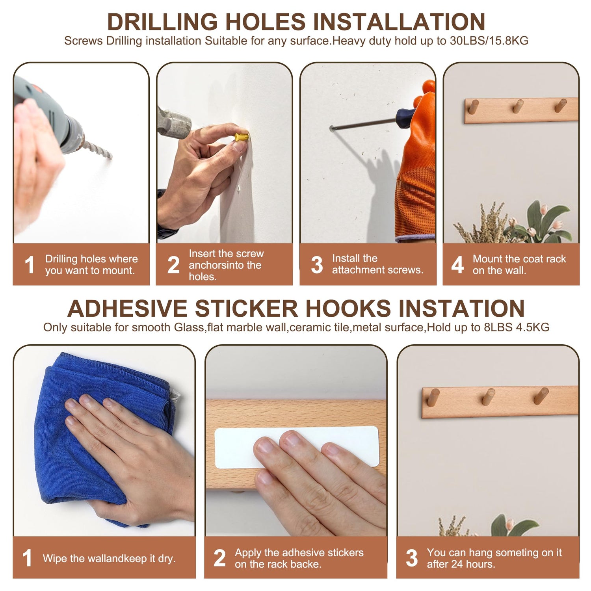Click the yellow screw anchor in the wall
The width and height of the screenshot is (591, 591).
point(242,138)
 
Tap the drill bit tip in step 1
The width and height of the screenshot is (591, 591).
point(111,157)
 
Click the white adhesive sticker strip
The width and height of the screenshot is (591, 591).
point(296,447)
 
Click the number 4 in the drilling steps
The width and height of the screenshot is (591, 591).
point(457,265)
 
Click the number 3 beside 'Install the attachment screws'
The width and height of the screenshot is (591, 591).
point(317,265)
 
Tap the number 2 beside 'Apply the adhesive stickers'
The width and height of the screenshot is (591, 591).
point(219,558)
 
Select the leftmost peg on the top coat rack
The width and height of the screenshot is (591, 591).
point(473,107)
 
